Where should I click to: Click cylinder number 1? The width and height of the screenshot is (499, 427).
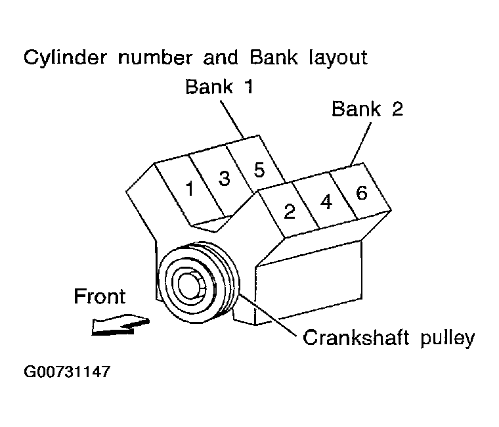point(190,190)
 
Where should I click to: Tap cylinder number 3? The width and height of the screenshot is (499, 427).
point(224,179)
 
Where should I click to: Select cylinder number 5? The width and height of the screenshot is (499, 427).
point(259,170)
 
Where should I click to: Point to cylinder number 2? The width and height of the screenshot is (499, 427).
point(289,211)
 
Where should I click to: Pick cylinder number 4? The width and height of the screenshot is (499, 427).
point(326,202)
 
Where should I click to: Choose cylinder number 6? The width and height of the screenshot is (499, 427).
point(360,192)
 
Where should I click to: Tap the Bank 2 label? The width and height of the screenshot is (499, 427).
point(367,108)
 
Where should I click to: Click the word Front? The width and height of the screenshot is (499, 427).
point(99,296)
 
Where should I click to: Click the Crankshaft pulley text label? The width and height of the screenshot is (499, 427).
point(388,339)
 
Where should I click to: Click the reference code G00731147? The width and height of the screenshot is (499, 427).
point(66,372)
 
